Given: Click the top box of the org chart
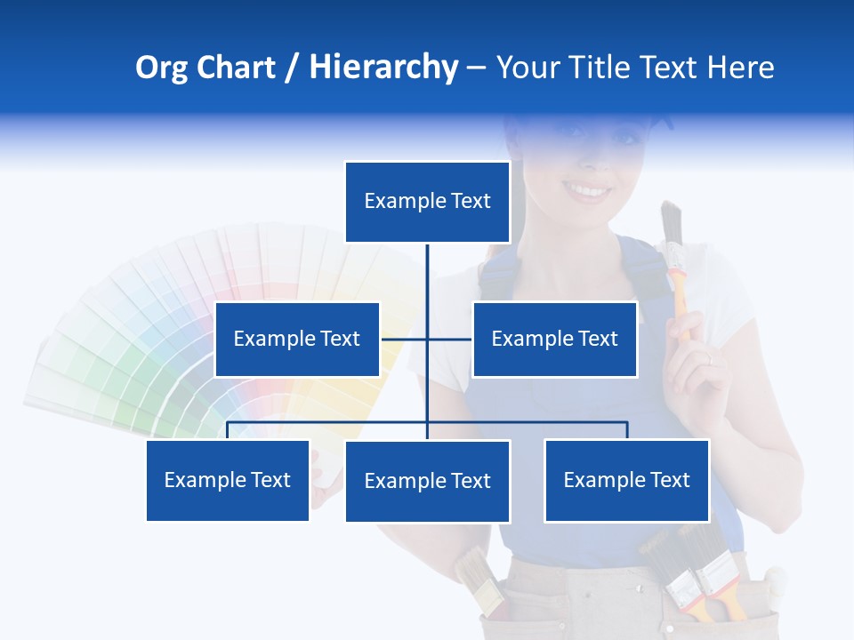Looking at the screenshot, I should pos(427,202).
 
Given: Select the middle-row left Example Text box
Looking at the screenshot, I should pos(297,339).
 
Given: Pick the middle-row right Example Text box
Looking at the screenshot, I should pos(554,339).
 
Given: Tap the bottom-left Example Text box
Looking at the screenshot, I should pos(228,480).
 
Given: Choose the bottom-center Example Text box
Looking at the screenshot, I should pos(427,481).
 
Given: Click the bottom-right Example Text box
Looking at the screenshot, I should pos(626,480).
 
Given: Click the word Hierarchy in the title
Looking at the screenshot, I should pos(383,68).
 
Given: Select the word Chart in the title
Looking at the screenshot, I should pos(234,68).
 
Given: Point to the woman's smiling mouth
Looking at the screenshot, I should pos(587,189).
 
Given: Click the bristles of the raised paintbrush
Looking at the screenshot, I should pos(671,222).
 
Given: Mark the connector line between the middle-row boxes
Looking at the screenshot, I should pos(426,339).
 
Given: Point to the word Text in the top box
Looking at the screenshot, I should pos(471,201).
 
